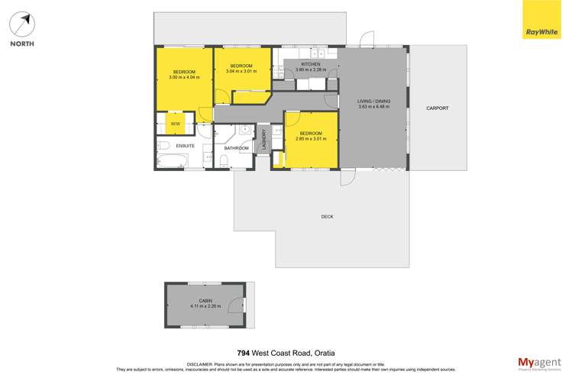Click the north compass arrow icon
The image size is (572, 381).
(x=22, y=24)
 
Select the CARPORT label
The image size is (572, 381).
(x=437, y=108)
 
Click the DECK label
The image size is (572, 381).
(x=327, y=217)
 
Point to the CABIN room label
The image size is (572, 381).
(x=205, y=301)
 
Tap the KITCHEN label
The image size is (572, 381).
(x=310, y=64)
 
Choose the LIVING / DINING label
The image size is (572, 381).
(x=374, y=101)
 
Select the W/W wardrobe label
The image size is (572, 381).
(x=175, y=124)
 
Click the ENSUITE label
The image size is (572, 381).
(x=186, y=145)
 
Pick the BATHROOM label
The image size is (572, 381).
(x=236, y=148)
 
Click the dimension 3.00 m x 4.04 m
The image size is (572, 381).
(x=185, y=77)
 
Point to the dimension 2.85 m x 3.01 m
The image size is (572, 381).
(x=312, y=139)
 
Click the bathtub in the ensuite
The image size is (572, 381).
(x=171, y=160)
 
